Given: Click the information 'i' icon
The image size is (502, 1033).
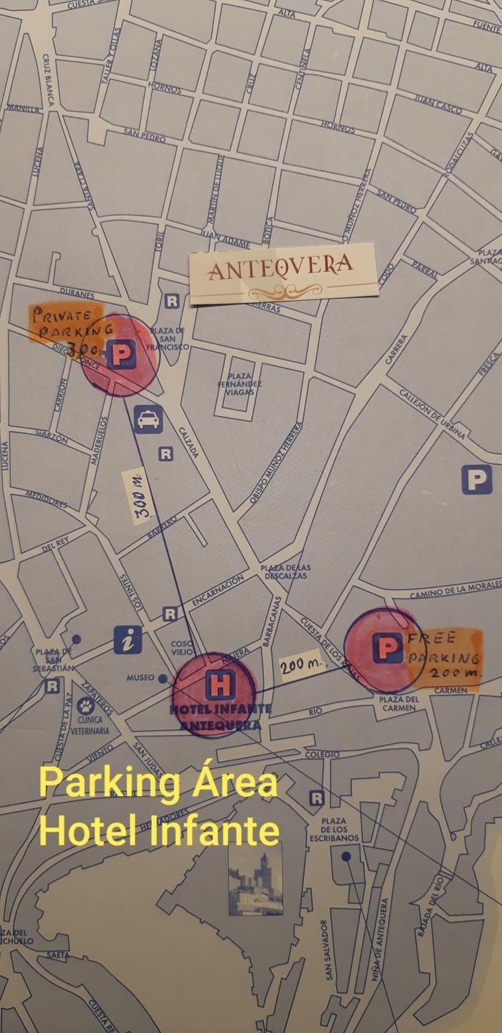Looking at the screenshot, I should pos(128,640).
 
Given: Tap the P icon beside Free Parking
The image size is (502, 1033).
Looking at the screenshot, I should pos(387,648).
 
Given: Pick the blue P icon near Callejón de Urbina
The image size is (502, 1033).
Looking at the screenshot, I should pos(476,479).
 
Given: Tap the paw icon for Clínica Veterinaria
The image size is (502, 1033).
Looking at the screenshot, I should pos(86,706).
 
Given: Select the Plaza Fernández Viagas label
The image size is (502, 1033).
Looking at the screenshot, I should pos(239,384).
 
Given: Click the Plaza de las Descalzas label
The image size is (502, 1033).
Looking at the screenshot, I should pos(285,571).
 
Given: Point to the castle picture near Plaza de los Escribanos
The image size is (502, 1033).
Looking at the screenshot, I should pos(256,883).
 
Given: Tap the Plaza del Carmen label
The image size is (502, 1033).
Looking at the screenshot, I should pos(398,704).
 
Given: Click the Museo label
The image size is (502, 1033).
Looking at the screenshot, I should pos(140,678).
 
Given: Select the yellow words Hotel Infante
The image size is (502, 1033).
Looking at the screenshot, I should pos(159,831).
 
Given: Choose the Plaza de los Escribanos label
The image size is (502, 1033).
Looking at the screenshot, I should pos(334,829).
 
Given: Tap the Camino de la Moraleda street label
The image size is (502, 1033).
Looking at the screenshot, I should pos(455,591).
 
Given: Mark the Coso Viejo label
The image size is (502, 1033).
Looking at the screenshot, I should pos(182,648).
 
